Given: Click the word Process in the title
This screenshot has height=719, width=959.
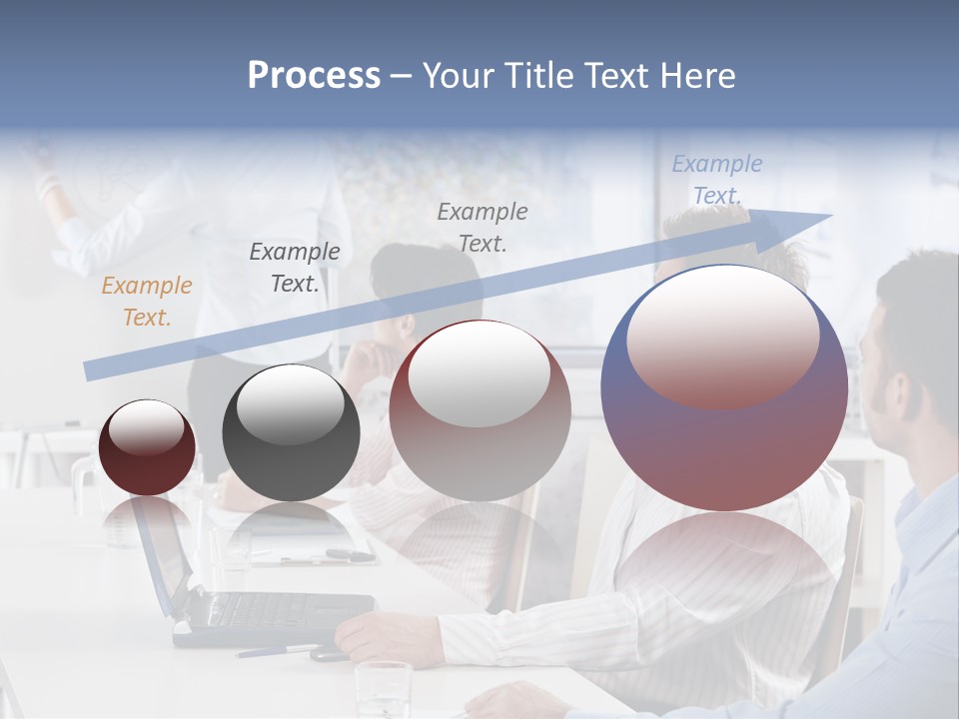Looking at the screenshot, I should pyautogui.click(x=314, y=76).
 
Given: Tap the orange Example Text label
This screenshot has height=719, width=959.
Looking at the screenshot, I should pyautogui.click(x=146, y=302).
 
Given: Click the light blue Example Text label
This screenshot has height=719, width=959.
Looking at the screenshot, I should pyautogui.click(x=716, y=180).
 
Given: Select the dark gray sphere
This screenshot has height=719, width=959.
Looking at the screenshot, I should pyautogui.click(x=291, y=434).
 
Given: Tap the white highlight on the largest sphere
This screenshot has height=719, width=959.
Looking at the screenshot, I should pyautogui.click(x=722, y=335).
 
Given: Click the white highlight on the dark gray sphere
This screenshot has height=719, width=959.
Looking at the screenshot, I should pyautogui.click(x=290, y=407).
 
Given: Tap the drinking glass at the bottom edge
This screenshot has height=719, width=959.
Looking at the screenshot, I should pyautogui.click(x=384, y=689).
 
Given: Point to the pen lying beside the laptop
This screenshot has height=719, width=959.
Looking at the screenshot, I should pyautogui.click(x=280, y=651).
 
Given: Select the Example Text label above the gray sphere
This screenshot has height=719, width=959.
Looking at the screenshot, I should pyautogui.click(x=294, y=268).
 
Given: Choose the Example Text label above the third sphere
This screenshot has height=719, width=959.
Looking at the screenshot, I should pyautogui.click(x=482, y=227).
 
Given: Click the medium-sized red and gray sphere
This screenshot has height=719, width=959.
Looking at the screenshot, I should pyautogui.click(x=479, y=411).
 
